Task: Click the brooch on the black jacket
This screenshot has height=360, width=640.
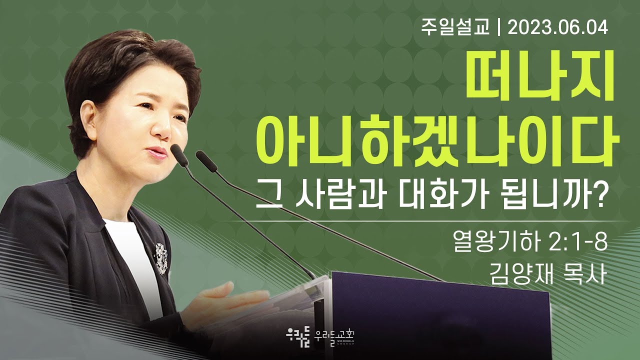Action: (x=161, y=257)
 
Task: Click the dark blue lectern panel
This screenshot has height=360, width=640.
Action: (x=440, y=315)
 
